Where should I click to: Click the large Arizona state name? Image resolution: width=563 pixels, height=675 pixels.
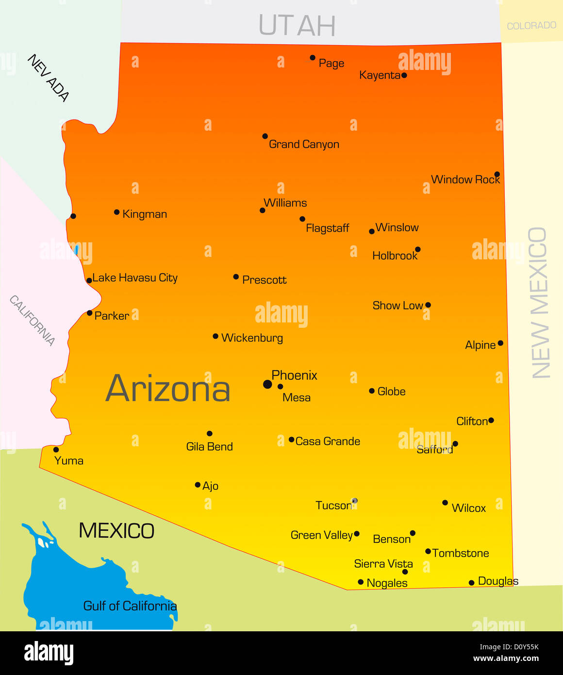pyautogui.click(x=168, y=388)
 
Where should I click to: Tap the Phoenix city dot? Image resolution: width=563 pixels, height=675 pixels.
pyautogui.click(x=267, y=384)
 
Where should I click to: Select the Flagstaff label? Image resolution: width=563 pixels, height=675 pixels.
pyautogui.click(x=327, y=228)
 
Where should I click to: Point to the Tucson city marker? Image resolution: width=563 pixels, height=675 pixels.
pyautogui.click(x=354, y=501)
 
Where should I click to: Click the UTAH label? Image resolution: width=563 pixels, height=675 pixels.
pyautogui.click(x=297, y=25)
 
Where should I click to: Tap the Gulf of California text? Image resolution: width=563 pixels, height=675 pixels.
pyautogui.click(x=130, y=606)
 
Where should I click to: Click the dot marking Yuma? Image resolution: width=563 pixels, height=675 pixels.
pyautogui.click(x=56, y=450)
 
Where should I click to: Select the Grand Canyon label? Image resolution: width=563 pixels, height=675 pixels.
pyautogui.click(x=304, y=144)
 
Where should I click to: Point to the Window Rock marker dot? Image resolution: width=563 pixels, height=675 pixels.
pyautogui.click(x=497, y=174)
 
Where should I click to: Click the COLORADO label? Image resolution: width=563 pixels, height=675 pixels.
pyautogui.click(x=531, y=25)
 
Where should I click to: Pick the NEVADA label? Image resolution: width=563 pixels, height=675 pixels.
pyautogui.click(x=49, y=77)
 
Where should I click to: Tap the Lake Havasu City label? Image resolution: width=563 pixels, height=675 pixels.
pyautogui.click(x=135, y=278)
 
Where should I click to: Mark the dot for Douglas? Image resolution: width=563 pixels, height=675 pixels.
pyautogui.click(x=471, y=583)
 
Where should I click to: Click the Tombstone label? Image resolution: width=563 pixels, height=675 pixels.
pyautogui.click(x=461, y=553)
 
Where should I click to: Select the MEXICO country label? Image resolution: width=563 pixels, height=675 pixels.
pyautogui.click(x=116, y=531)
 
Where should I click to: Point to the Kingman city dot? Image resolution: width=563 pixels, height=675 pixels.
pyautogui.click(x=117, y=212)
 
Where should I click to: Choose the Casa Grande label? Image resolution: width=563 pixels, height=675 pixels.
pyautogui.click(x=328, y=441)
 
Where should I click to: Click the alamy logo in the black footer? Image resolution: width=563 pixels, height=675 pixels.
pyautogui.click(x=49, y=653)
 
